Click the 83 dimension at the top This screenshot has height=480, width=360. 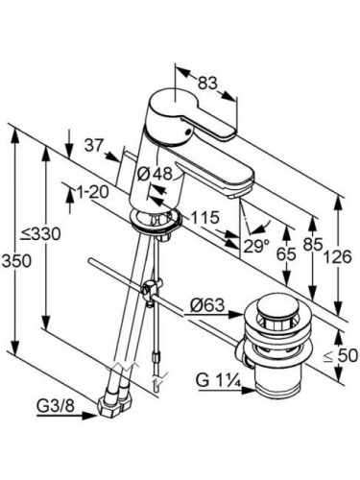(x=207, y=84)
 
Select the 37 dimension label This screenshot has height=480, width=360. (x=94, y=146)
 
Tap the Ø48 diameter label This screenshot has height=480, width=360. (x=155, y=174)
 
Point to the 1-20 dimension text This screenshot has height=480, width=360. (x=92, y=192)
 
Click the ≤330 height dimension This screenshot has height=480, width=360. (x=40, y=234)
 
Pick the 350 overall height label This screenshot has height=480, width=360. (x=16, y=261)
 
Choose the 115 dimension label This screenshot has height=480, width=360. (x=204, y=218)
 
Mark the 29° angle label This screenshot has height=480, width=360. (x=256, y=246)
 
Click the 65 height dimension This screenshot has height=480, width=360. (x=286, y=254)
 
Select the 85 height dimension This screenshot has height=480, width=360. (x=313, y=245)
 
